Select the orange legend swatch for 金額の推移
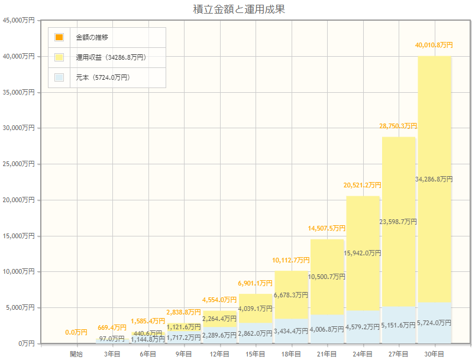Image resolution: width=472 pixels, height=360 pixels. (x=59, y=37)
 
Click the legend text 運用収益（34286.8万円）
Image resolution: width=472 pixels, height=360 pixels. (x=111, y=57)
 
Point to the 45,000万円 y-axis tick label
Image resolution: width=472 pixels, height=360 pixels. (x=20, y=21)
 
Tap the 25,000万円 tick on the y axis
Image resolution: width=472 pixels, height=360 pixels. (x=20, y=164)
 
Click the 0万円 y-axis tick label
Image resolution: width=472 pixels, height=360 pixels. (x=27, y=343)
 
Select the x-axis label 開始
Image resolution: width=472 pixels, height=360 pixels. (x=76, y=353)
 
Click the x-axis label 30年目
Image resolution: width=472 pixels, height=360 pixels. (x=434, y=353)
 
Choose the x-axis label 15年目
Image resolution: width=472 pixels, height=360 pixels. (x=255, y=353)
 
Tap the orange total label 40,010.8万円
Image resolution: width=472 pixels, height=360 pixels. (x=434, y=45)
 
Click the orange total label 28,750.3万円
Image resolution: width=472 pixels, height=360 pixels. (x=398, y=126)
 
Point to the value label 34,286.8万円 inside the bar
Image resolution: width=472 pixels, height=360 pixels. (x=434, y=179)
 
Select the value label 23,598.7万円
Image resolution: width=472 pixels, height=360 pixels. (x=398, y=222)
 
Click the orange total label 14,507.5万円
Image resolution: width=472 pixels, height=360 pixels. (x=326, y=228)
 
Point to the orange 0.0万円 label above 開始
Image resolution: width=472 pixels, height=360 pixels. (x=76, y=332)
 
